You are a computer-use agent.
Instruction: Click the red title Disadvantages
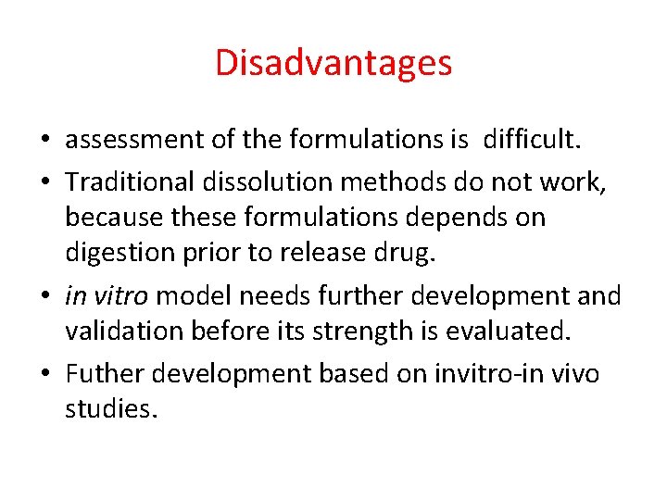(x=333, y=63)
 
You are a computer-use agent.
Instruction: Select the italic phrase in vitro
(x=103, y=295)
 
